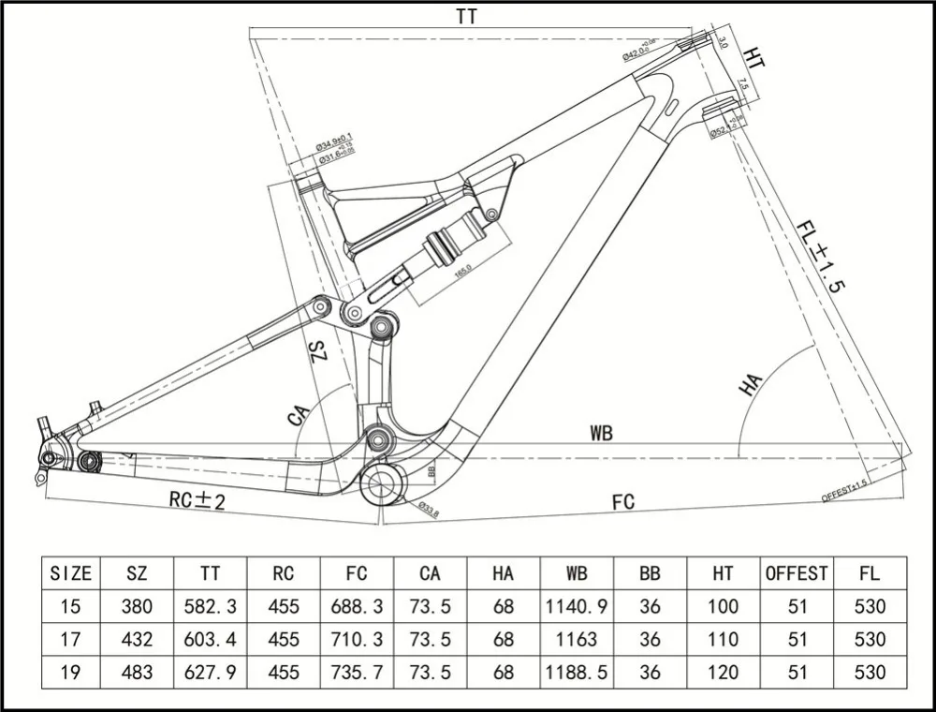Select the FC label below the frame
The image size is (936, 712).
623,502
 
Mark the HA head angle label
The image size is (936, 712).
751,384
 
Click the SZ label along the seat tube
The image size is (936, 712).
317,353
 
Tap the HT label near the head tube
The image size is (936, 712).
754,58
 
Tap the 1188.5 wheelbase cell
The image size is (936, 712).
576,673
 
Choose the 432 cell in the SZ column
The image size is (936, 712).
138,640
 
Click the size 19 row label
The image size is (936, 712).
70,673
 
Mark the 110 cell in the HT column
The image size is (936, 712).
723,640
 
